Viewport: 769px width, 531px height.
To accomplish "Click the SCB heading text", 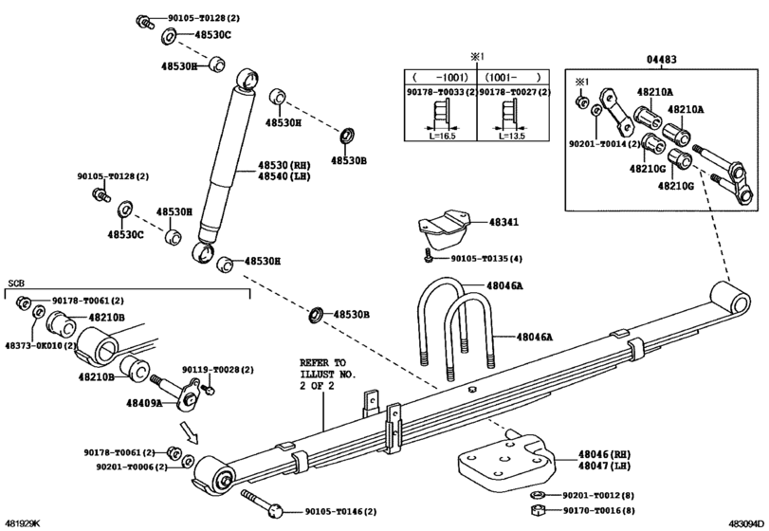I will coord(16,284).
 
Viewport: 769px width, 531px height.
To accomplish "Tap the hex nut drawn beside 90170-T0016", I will coord(536,509).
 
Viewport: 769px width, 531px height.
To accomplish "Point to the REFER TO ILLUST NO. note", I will coord(323,374).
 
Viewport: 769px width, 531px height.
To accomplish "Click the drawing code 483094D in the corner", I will coord(746,522).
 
